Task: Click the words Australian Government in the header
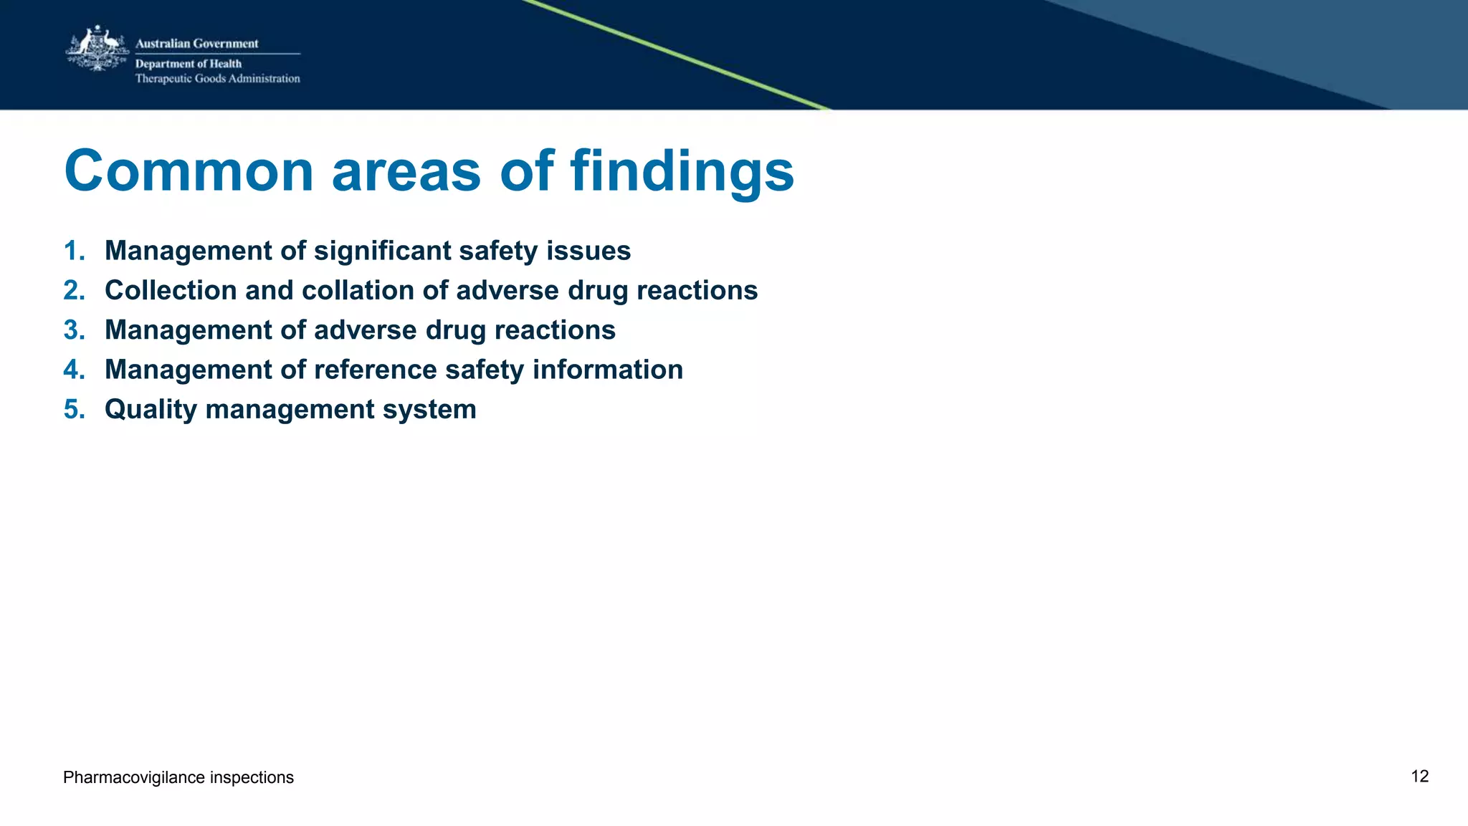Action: click(196, 44)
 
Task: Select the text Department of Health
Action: click(188, 64)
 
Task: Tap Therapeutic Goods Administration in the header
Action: click(217, 79)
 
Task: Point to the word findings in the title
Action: click(682, 171)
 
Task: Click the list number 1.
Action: click(73, 251)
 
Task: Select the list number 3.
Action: click(73, 330)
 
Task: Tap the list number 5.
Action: click(73, 410)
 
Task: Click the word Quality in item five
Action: click(151, 410)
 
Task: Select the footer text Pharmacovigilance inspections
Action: click(178, 777)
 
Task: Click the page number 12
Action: click(1419, 777)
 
